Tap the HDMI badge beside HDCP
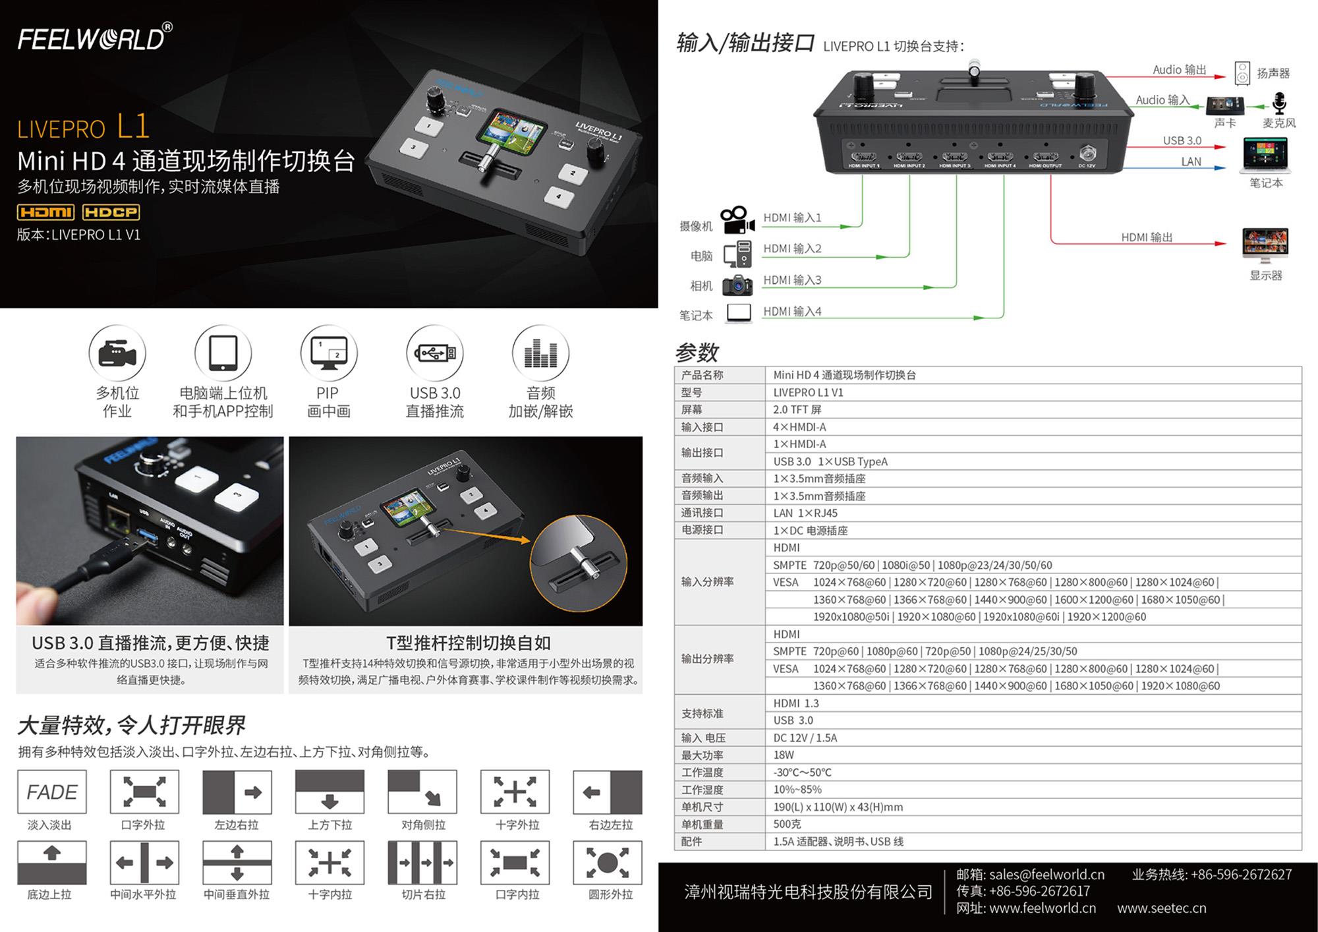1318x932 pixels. coord(45,212)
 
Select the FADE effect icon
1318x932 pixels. coord(52,792)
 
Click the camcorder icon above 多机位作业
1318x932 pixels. coord(117,354)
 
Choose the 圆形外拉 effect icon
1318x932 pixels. coord(608,862)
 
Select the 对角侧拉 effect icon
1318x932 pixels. coord(422,792)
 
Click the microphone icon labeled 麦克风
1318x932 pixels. coord(1279,103)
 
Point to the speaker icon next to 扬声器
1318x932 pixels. coord(1242,73)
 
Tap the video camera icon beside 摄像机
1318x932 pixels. coord(737,220)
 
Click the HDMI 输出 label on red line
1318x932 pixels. coord(1147,237)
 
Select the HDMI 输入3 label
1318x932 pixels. coord(792,280)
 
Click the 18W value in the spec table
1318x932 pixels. coord(784,755)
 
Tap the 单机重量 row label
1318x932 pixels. coord(702,825)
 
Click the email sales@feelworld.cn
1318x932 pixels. coord(1046,875)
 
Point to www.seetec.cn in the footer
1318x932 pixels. coord(1162,908)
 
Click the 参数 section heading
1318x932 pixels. coord(697,353)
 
